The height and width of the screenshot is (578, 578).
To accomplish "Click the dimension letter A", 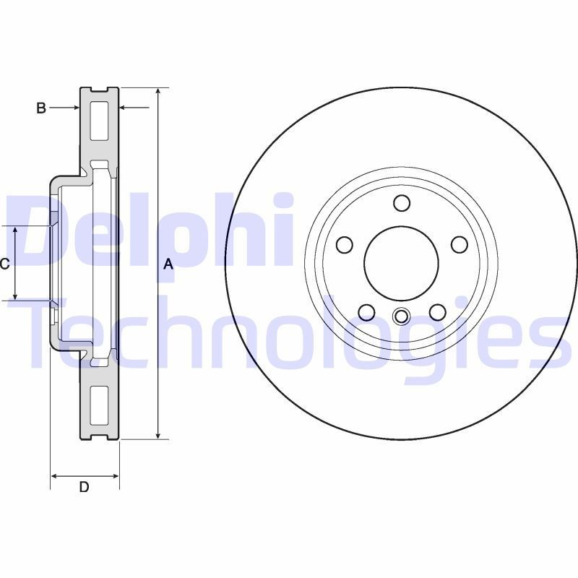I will (x=168, y=264).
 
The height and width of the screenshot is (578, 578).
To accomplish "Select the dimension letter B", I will (x=41, y=108).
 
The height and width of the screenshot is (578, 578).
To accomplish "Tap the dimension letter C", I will (x=4, y=264).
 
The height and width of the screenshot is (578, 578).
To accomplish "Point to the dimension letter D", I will (x=84, y=487).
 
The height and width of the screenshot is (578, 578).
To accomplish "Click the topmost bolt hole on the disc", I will (x=402, y=203).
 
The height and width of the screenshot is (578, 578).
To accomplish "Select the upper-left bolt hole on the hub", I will (x=345, y=245).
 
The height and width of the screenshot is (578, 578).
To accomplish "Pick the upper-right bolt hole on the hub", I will (x=460, y=245).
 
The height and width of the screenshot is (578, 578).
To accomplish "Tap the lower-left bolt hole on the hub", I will (x=366, y=312).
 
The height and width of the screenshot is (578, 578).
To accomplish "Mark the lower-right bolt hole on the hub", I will (x=438, y=312).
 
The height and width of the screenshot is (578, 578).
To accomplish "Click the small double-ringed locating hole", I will (x=402, y=316).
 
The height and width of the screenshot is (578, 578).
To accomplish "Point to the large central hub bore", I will (x=402, y=262).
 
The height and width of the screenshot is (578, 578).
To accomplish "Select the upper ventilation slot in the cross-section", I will (x=98, y=121).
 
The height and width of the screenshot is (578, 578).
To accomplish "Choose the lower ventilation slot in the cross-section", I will (x=98, y=405).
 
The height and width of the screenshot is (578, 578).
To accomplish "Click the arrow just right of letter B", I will (x=74, y=108).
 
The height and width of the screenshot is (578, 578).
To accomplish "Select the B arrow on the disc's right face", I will (x=124, y=108).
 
